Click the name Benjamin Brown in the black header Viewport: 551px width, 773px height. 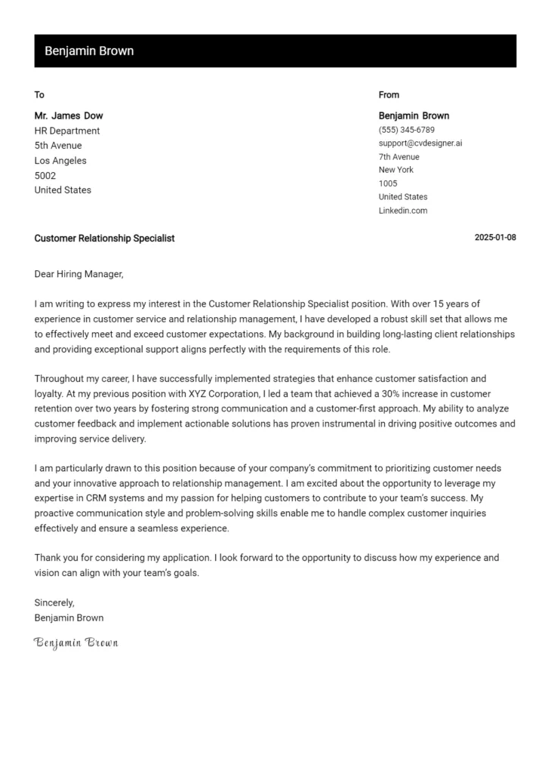point(89,51)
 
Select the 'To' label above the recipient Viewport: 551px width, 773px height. point(39,95)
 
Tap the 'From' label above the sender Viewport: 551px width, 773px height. point(389,95)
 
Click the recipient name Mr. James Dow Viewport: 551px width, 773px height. point(69,116)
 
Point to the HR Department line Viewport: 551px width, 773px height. point(67,131)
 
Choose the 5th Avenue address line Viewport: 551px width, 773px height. point(58,146)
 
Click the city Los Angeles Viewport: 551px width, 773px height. point(60,161)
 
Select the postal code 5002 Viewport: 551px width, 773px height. point(45,175)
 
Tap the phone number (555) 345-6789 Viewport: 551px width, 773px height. point(406,130)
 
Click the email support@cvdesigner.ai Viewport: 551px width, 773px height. point(420,143)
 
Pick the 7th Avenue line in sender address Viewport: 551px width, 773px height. point(399,157)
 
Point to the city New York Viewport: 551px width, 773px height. point(396,170)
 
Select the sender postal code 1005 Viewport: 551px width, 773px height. point(388,183)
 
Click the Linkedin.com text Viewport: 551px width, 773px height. point(403,211)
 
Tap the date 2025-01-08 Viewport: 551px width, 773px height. point(495,238)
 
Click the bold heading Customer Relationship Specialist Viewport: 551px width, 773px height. point(104,238)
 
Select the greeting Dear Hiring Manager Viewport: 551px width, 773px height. point(78,274)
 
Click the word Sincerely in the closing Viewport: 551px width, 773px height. point(54,602)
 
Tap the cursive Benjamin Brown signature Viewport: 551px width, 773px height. point(76,642)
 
